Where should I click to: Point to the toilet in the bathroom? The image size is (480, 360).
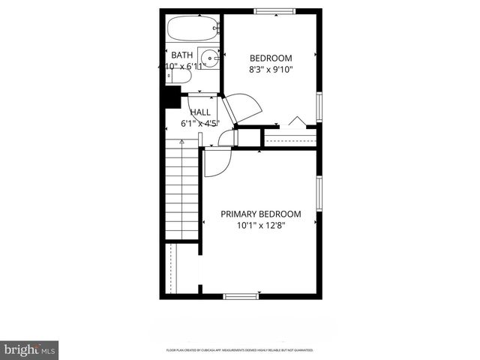coord(185,73)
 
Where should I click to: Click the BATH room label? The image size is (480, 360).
coord(181,55)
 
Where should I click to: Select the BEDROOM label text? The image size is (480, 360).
coord(271,58)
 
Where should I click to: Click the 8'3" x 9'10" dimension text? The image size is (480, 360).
coord(271,70)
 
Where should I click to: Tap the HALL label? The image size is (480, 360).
coord(200,112)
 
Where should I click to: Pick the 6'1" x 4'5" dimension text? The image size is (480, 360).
coord(200,124)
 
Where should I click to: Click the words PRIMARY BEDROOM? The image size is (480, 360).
coord(261,214)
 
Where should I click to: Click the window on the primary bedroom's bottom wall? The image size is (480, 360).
coord(241,296)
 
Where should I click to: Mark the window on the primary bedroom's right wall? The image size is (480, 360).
coord(319,193)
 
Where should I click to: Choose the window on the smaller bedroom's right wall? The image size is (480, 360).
coord(319,106)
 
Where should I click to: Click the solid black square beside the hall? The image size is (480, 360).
coord(172,97)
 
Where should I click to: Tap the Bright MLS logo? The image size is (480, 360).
coord(30,349)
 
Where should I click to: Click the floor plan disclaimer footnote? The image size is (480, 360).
coord(239,350)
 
